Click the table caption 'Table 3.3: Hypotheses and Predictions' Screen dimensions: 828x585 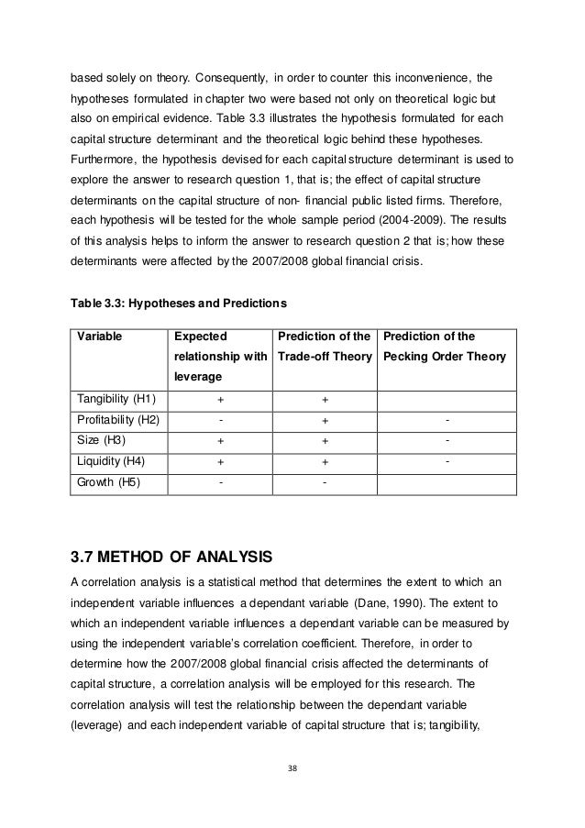point(179,303)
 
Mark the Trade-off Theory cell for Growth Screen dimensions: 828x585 point(325,480)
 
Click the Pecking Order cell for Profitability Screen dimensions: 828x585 point(447,420)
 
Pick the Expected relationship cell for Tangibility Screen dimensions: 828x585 point(219,400)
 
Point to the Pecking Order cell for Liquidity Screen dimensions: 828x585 point(447,460)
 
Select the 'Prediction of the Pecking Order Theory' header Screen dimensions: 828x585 point(444,347)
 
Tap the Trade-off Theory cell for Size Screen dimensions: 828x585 point(325,440)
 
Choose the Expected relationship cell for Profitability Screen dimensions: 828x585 point(219,420)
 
